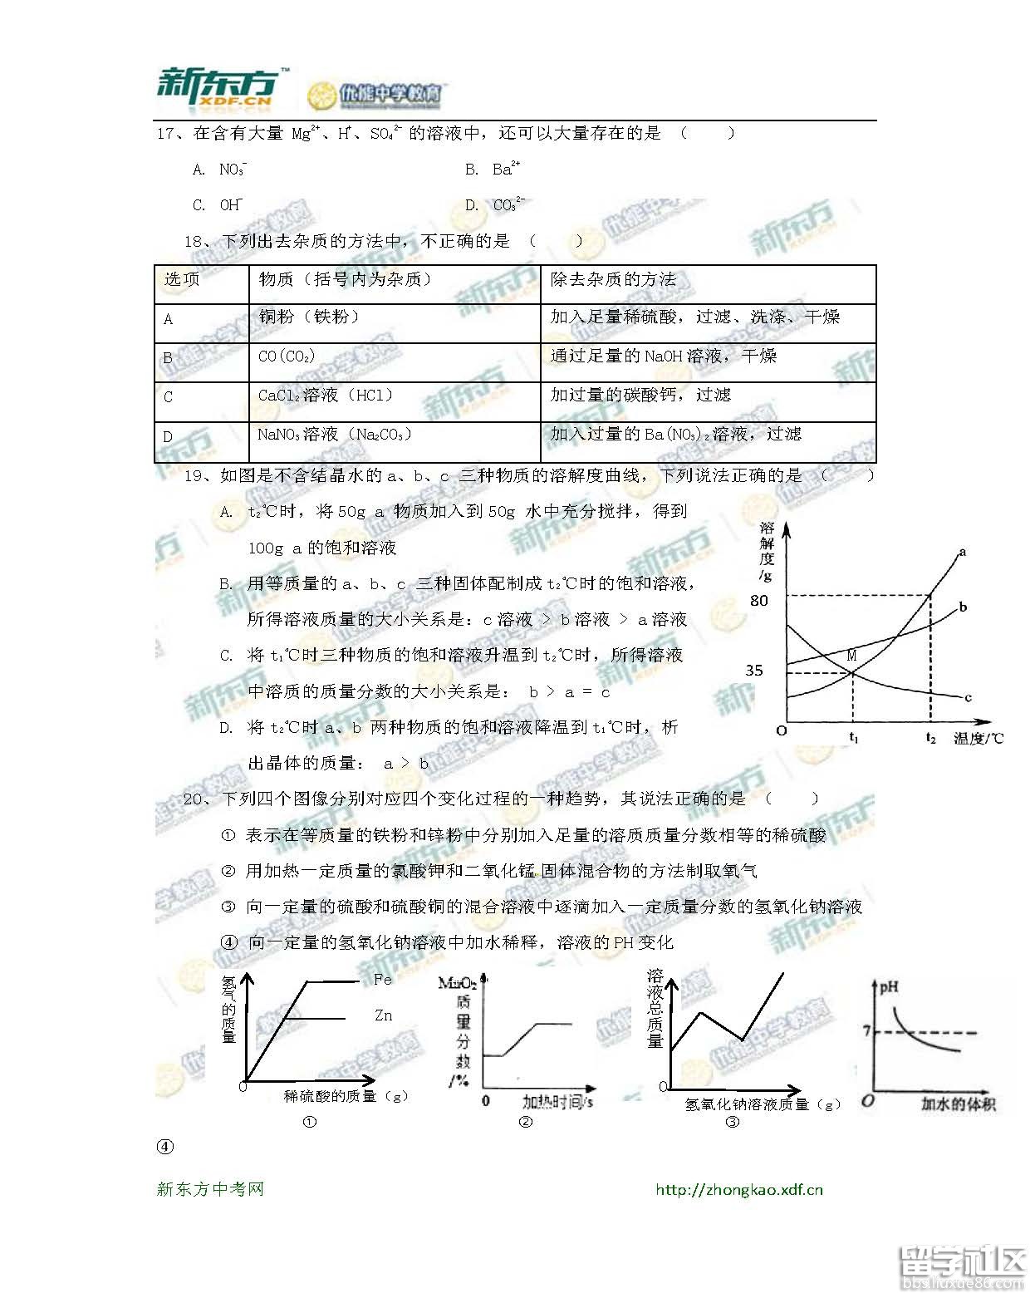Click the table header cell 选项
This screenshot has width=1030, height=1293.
[182, 280]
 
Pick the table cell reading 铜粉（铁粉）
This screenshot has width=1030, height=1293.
[308, 317]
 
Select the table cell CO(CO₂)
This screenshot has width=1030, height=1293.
[287, 356]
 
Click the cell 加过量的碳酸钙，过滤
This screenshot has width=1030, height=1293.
[640, 395]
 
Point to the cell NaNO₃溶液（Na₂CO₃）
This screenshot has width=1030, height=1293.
[334, 435]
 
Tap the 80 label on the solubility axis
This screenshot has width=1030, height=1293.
[759, 601]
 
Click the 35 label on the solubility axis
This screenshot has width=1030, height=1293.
[754, 671]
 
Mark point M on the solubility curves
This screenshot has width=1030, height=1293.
[851, 656]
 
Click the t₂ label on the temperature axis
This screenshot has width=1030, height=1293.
[930, 738]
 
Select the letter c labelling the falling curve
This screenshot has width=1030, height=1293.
[968, 697]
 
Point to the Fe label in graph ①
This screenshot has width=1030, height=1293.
[382, 980]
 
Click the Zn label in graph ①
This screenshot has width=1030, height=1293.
[383, 1015]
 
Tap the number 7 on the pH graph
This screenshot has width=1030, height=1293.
[866, 1031]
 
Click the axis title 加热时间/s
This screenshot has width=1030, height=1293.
[557, 1102]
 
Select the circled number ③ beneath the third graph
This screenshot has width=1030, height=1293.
[732, 1122]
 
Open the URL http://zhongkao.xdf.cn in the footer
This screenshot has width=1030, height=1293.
[738, 1189]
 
